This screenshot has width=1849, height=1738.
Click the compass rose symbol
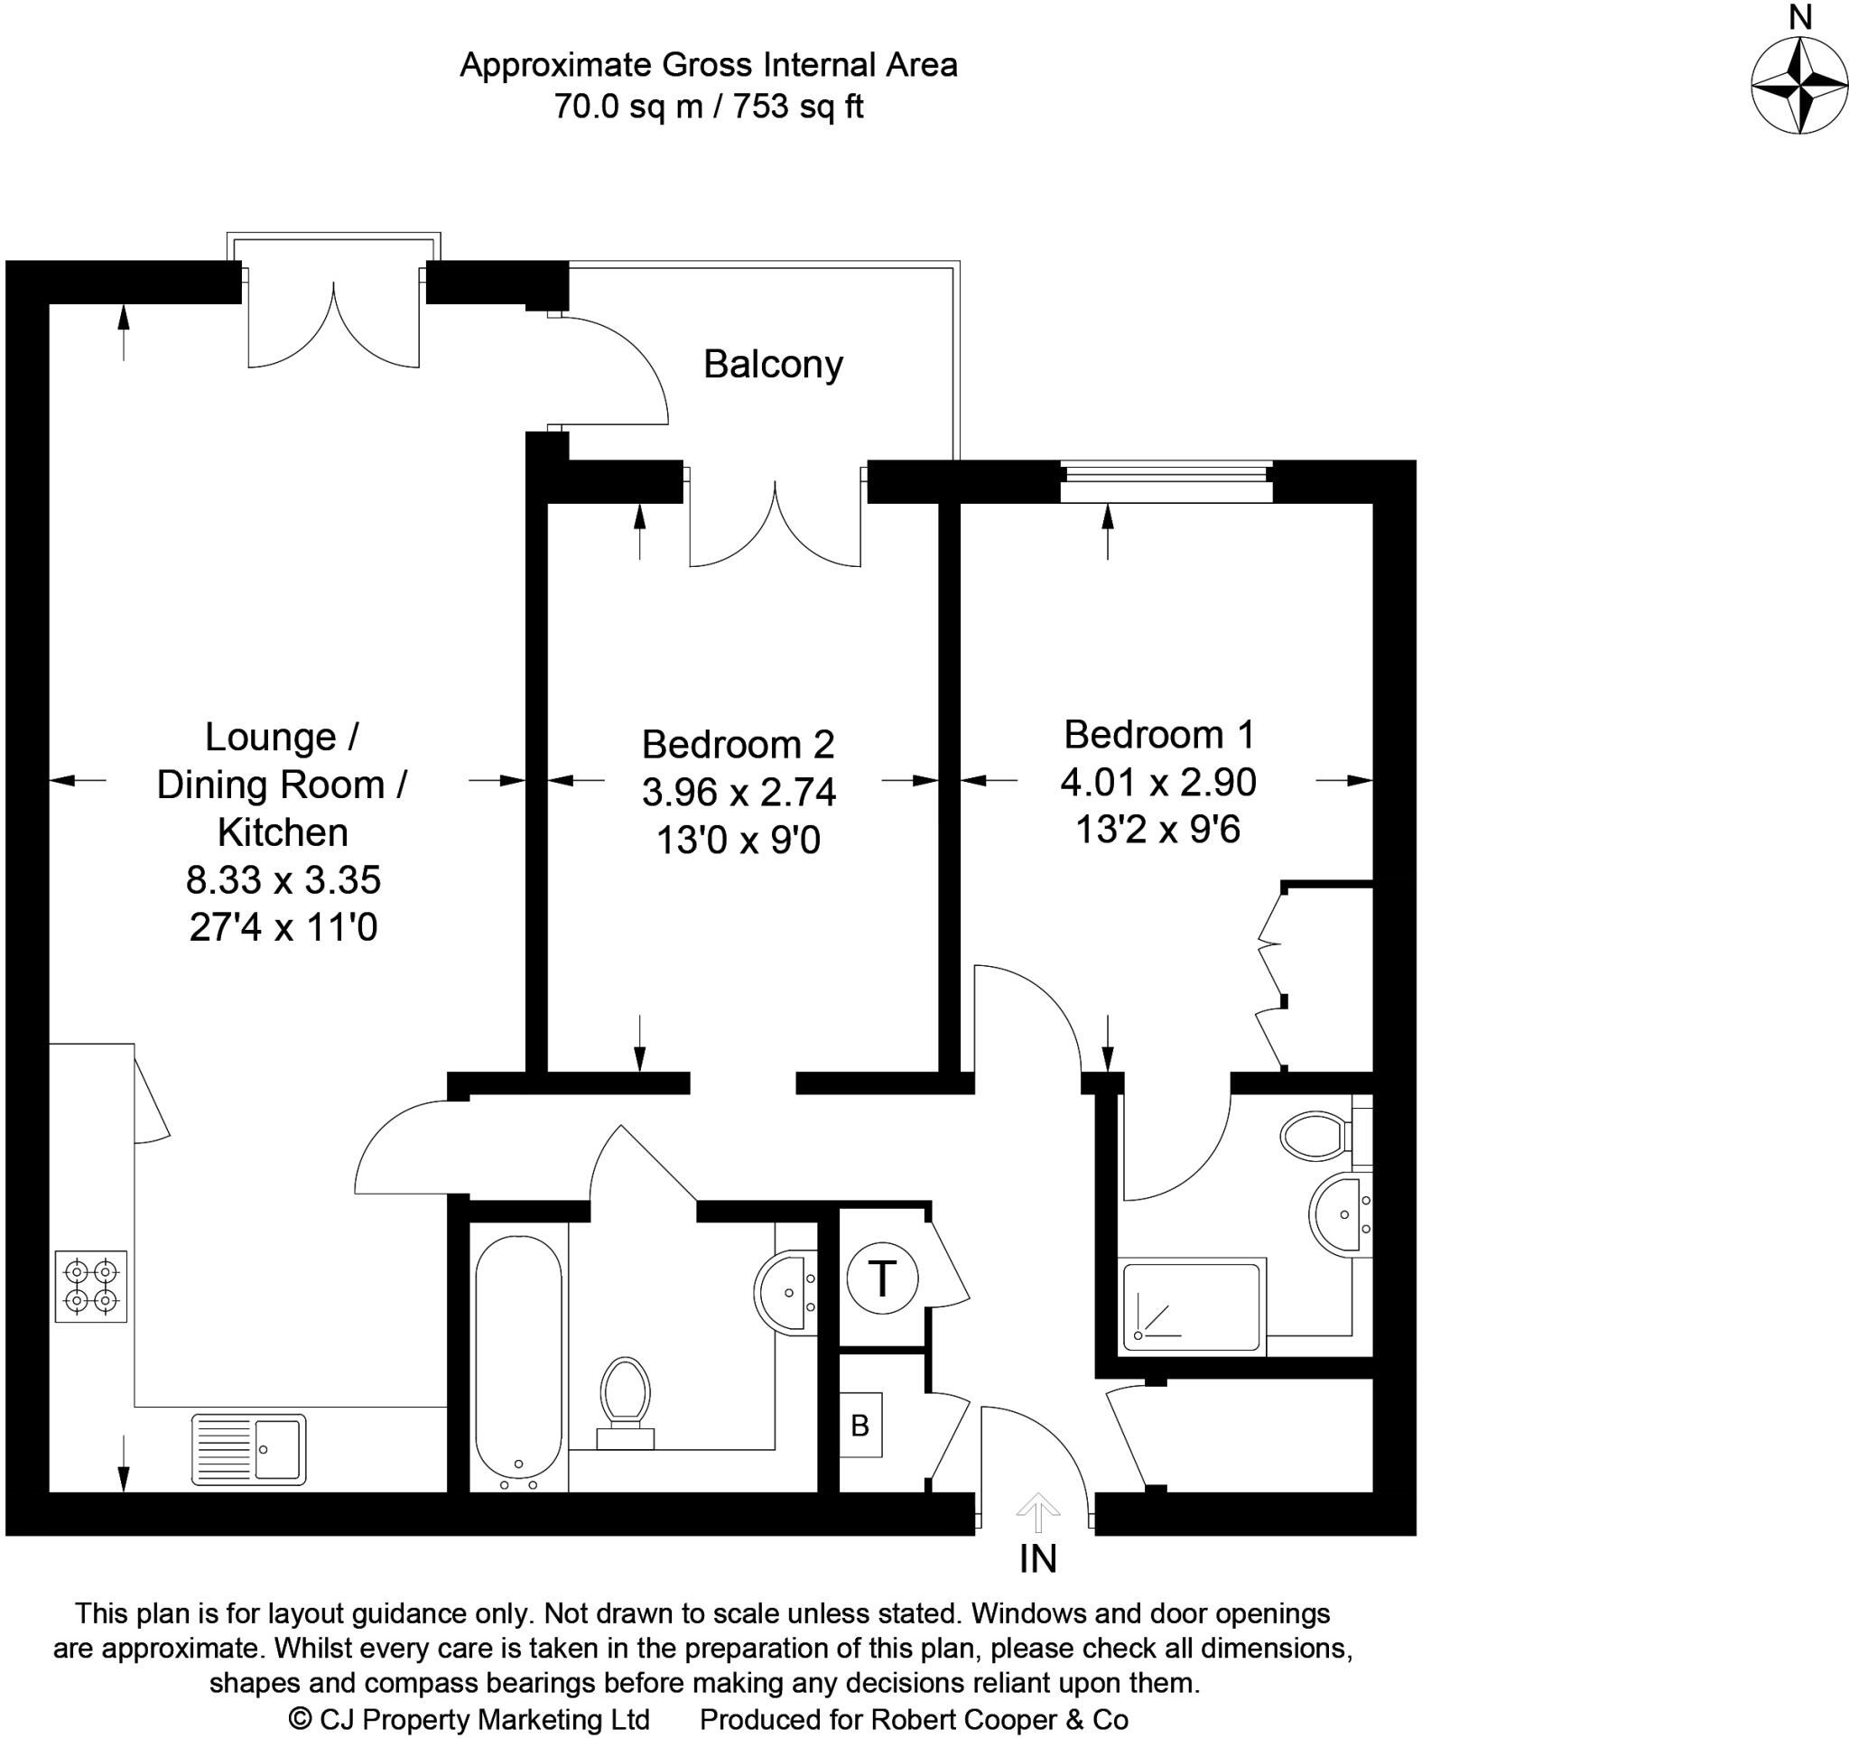click(1799, 86)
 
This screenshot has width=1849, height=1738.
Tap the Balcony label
click(772, 364)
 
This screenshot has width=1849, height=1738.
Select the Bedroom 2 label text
click(738, 745)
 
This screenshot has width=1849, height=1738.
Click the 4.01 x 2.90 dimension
click(1158, 782)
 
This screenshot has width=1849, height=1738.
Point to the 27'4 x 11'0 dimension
click(283, 927)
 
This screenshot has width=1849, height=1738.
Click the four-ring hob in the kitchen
click(91, 1286)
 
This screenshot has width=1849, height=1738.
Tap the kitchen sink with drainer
click(248, 1449)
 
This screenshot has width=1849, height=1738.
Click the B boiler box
click(860, 1425)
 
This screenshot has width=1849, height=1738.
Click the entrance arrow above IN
click(1037, 1512)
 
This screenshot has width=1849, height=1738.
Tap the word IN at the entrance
click(1038, 1559)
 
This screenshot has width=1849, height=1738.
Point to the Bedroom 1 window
click(1166, 479)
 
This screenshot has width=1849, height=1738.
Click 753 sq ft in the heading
click(798, 107)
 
